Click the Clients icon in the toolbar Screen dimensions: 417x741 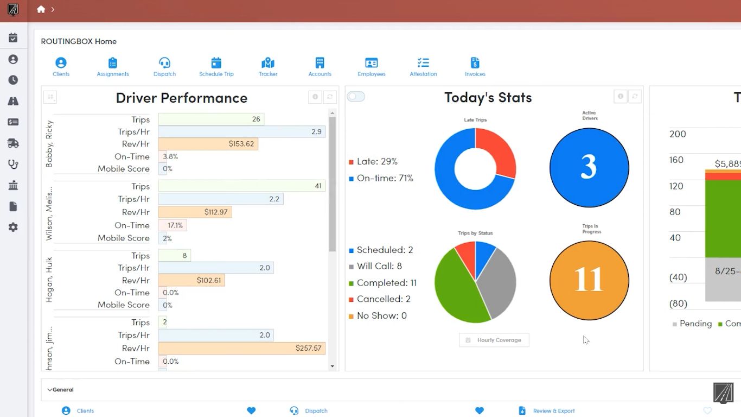pyautogui.click(x=61, y=63)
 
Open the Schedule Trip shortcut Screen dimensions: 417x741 pyautogui.click(x=216, y=63)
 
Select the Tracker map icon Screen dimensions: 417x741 pyautogui.click(x=268, y=63)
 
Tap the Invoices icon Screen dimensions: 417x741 pyautogui.click(x=475, y=63)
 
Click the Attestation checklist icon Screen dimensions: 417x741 pyautogui.click(x=423, y=63)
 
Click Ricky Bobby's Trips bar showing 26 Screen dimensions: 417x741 pyautogui.click(x=211, y=119)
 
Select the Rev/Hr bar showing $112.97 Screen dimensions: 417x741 pyautogui.click(x=195, y=212)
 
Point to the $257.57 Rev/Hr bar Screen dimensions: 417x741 pyautogui.click(x=241, y=348)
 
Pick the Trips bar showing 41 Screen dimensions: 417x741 pyautogui.click(x=241, y=186)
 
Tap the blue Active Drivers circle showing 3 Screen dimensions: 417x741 pyautogui.click(x=589, y=167)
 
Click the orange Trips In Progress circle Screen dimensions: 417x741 pyautogui.click(x=589, y=280)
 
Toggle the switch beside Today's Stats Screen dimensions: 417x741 pyautogui.click(x=356, y=97)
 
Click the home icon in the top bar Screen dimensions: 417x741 pyautogui.click(x=41, y=9)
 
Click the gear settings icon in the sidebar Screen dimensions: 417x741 pyautogui.click(x=13, y=228)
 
